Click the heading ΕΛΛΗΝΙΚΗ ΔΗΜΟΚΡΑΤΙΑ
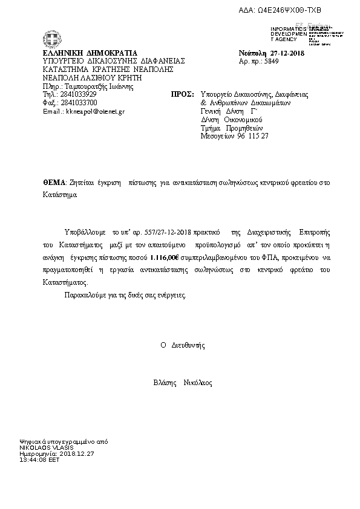91,53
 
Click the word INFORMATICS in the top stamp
287,29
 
